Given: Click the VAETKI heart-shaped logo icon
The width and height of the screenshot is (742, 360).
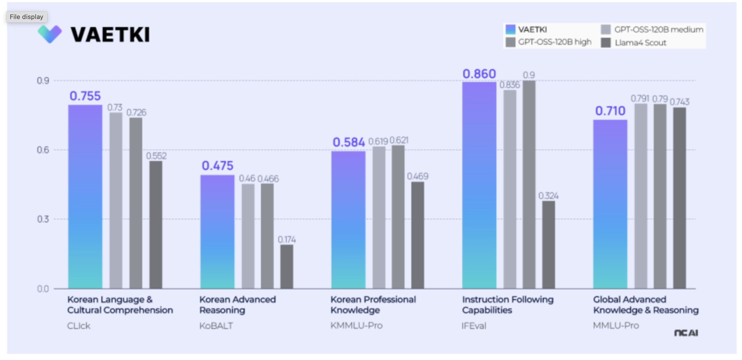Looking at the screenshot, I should pyautogui.click(x=50, y=34).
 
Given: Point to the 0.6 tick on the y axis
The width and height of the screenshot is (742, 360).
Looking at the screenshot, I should pyautogui.click(x=43, y=150).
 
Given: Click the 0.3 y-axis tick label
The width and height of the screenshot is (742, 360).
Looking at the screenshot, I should pyautogui.click(x=43, y=219).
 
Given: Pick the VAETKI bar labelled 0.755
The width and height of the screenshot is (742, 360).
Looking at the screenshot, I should pyautogui.click(x=85, y=196).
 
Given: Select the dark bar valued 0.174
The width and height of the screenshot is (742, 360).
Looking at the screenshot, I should pyautogui.click(x=287, y=266).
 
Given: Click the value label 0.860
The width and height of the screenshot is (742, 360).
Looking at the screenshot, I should pyautogui.click(x=479, y=74).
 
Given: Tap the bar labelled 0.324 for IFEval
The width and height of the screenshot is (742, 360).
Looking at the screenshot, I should pyautogui.click(x=548, y=245).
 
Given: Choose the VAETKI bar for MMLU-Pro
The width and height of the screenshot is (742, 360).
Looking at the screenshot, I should pyautogui.click(x=610, y=204).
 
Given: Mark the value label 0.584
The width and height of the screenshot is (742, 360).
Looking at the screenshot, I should pyautogui.click(x=349, y=142).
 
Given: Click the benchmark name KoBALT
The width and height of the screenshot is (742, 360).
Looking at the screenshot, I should pyautogui.click(x=216, y=326).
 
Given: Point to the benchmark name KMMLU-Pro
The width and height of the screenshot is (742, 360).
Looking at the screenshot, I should pyautogui.click(x=356, y=325).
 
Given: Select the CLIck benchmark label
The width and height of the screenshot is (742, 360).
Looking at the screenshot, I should pyautogui.click(x=79, y=326).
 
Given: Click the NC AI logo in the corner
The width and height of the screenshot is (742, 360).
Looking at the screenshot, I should pyautogui.click(x=686, y=333).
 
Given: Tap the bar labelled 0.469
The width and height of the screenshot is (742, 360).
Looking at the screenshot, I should pyautogui.click(x=417, y=235).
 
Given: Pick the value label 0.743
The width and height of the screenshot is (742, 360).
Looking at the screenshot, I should pyautogui.click(x=679, y=102).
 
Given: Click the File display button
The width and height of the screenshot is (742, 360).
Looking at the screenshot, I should pyautogui.click(x=26, y=17).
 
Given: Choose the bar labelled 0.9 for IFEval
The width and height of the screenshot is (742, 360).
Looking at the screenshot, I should pyautogui.click(x=529, y=184).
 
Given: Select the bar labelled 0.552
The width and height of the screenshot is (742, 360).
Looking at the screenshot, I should pyautogui.click(x=156, y=225).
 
